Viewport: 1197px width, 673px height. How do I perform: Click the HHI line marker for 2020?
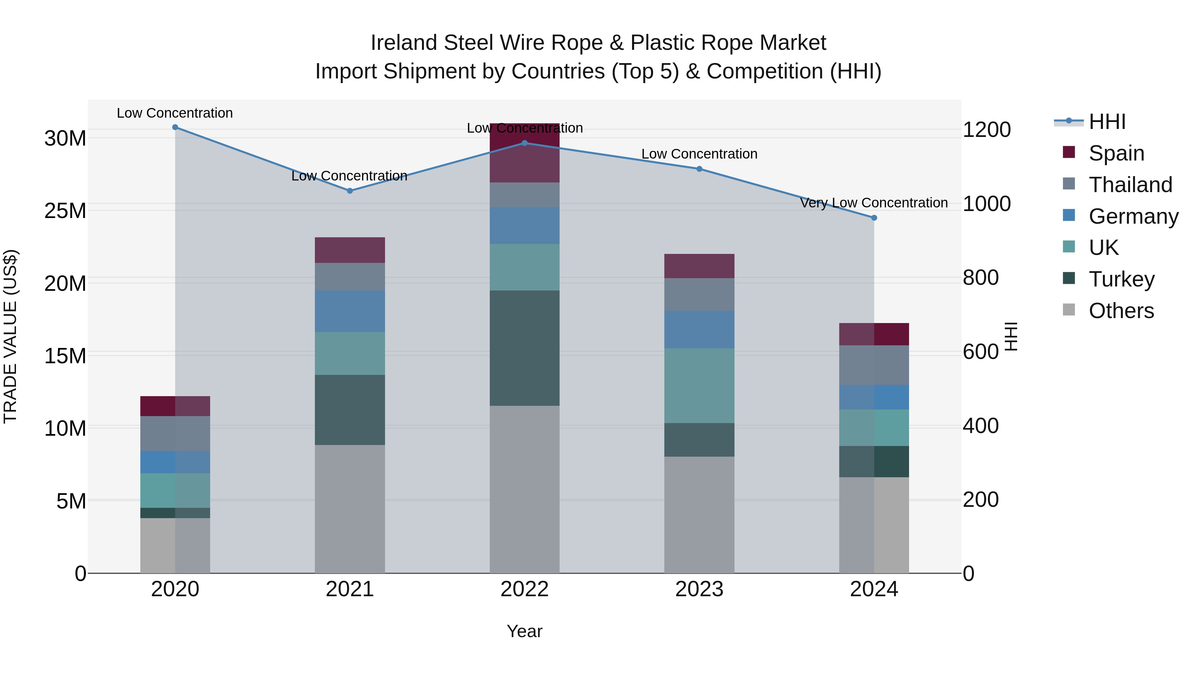tap(175, 127)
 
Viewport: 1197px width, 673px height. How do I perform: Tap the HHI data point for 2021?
tap(350, 191)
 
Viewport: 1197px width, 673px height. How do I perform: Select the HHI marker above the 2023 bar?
tap(699, 169)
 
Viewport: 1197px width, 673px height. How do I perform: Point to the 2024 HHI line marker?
tap(874, 218)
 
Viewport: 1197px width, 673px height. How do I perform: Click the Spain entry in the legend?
tap(1116, 153)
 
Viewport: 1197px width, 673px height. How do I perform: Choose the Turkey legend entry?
tap(1121, 279)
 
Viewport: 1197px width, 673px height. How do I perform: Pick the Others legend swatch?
tap(1069, 310)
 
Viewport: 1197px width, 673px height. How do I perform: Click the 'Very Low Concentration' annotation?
tap(873, 203)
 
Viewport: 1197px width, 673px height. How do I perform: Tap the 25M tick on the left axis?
tap(65, 211)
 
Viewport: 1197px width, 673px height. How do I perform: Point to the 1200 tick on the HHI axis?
tap(987, 130)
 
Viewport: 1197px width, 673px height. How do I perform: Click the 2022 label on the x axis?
tap(525, 589)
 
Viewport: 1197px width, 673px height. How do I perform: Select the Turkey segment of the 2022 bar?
tap(525, 348)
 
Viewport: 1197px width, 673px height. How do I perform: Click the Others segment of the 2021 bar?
tap(350, 508)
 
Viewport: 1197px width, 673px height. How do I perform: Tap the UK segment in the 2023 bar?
tap(699, 386)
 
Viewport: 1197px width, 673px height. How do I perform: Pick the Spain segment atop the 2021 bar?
tap(350, 250)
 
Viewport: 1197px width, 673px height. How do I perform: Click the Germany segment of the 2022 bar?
tap(525, 226)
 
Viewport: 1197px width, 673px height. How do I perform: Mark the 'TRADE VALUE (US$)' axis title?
tap(10, 336)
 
